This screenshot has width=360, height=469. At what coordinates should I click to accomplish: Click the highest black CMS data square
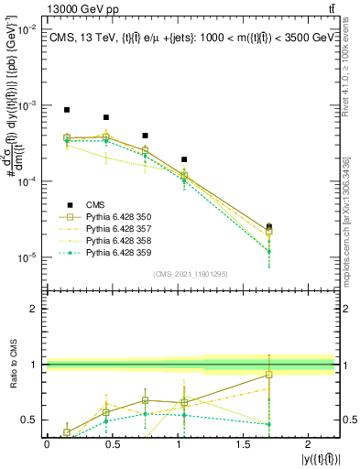67,110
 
